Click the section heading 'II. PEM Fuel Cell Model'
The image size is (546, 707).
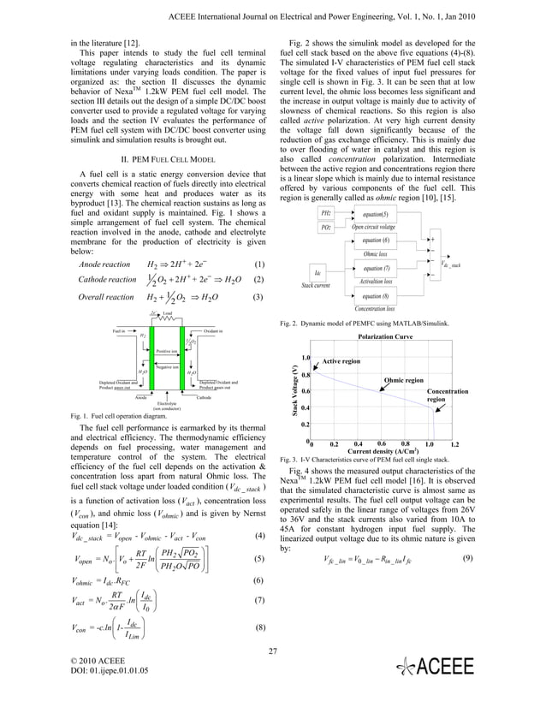tap(161, 158)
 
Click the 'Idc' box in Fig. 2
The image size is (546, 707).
tap(318, 273)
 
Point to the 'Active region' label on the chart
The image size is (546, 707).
tap(341, 362)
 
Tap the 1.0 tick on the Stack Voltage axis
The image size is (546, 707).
tap(305, 359)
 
